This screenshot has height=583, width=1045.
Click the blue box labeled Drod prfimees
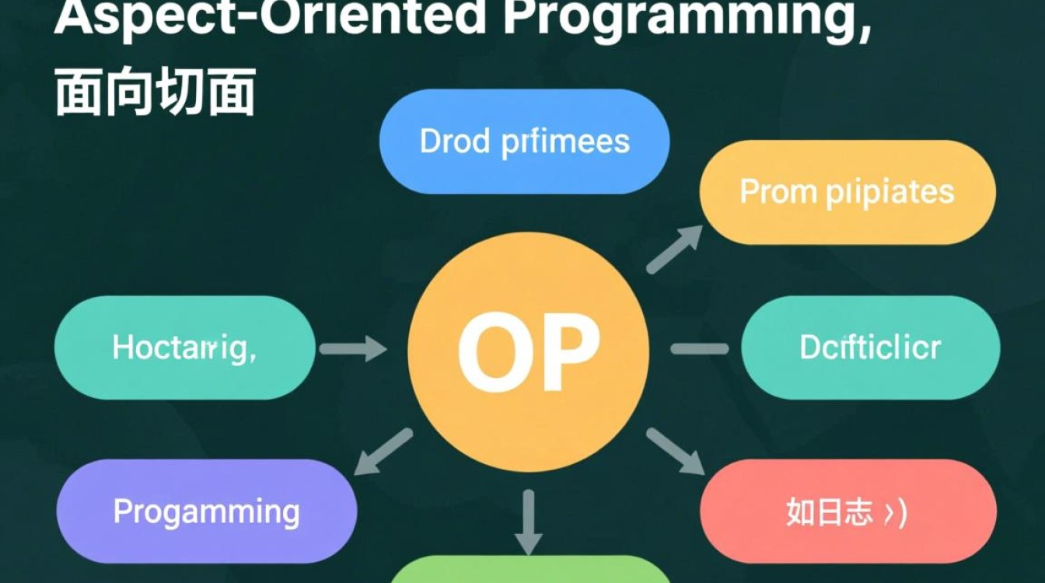point(524,141)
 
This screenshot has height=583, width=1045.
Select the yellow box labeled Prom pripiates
point(848,192)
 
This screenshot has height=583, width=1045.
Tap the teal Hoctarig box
point(185,347)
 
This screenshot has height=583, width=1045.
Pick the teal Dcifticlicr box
point(870,347)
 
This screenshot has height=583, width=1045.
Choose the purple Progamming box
point(207,511)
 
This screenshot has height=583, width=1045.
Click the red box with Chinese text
point(848,511)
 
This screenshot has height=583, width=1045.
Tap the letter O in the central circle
point(488,354)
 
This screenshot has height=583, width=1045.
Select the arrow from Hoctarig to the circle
point(353,348)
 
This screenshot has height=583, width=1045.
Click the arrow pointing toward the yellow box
point(673,249)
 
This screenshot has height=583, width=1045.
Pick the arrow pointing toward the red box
point(674,451)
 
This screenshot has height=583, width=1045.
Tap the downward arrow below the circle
point(529,521)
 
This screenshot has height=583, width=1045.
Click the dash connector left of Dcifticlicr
point(699,349)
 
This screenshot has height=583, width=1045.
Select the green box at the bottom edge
point(529,571)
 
